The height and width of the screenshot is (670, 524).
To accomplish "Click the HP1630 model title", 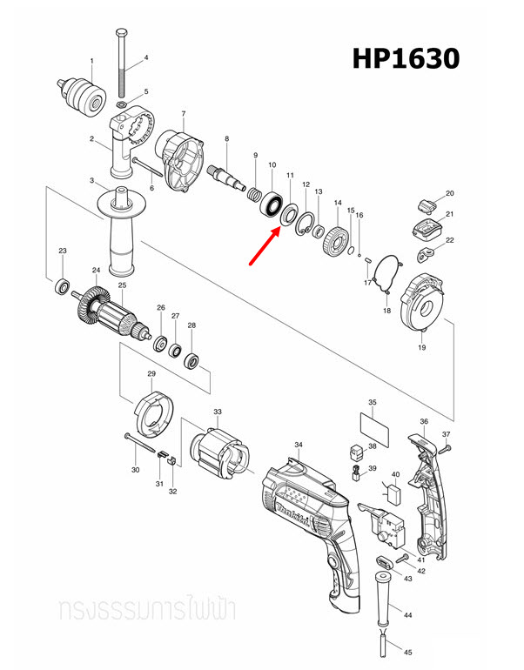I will coord(406,58).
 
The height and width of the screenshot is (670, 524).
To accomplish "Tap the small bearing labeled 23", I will coord(62,285).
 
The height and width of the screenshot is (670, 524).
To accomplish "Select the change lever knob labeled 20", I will coord(425,205).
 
